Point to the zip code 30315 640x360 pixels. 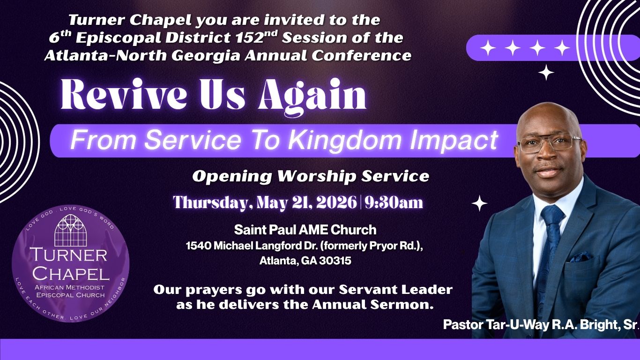335,261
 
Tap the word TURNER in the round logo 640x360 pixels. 69,255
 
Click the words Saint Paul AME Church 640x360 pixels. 305,230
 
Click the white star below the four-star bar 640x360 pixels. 546,72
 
